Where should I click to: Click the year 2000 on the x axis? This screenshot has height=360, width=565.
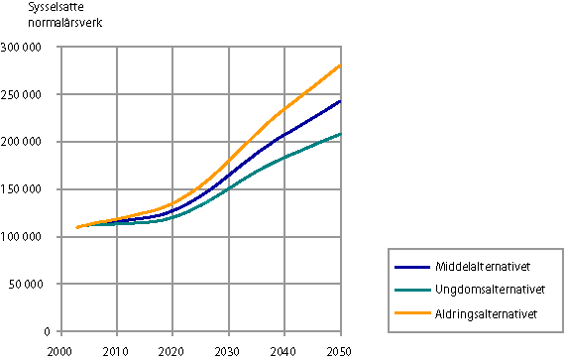[x=60, y=350]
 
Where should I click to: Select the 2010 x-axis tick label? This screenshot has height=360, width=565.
[x=116, y=350]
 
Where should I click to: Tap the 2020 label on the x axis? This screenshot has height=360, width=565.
[x=172, y=350]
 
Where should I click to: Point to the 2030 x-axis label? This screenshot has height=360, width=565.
[x=228, y=350]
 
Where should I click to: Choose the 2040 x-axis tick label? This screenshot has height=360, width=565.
[x=284, y=350]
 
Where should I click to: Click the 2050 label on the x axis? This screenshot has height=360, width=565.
[x=340, y=350]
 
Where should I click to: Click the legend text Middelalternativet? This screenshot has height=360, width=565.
[x=481, y=268]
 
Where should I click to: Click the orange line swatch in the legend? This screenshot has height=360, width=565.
[x=411, y=313]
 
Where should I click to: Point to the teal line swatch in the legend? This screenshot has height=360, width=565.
[x=411, y=291]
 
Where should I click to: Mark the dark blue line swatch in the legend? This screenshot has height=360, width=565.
[x=411, y=268]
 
